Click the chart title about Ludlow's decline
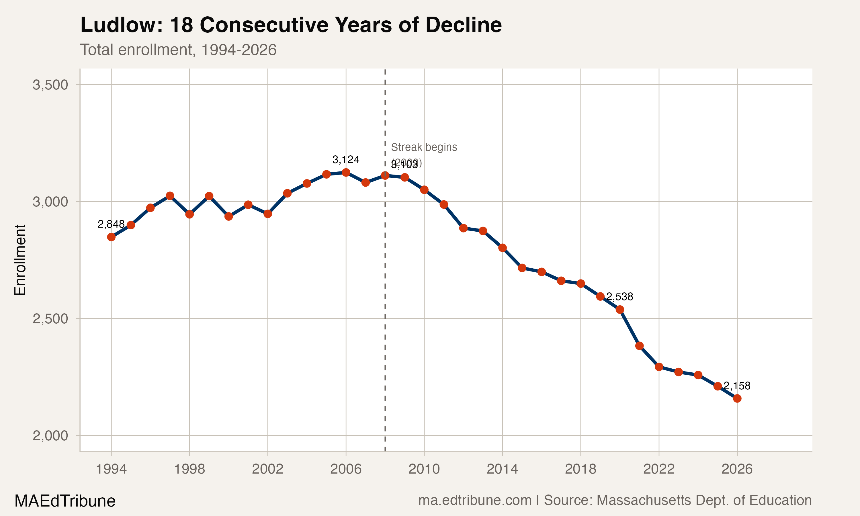(x=291, y=25)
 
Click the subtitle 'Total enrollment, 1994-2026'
(x=178, y=50)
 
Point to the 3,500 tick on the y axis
(x=50, y=85)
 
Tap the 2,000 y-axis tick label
(x=50, y=436)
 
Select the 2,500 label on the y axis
(x=50, y=319)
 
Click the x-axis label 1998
(x=189, y=469)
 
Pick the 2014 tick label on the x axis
(x=502, y=469)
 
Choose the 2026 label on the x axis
(x=737, y=469)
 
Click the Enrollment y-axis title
(x=20, y=260)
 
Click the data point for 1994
(x=111, y=237)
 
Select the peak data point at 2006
(x=346, y=173)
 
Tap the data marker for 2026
(x=737, y=398)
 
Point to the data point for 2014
(x=502, y=248)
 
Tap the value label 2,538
(x=619, y=297)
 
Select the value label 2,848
(x=111, y=224)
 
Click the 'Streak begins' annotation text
(x=424, y=147)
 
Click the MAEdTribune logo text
(x=65, y=501)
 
